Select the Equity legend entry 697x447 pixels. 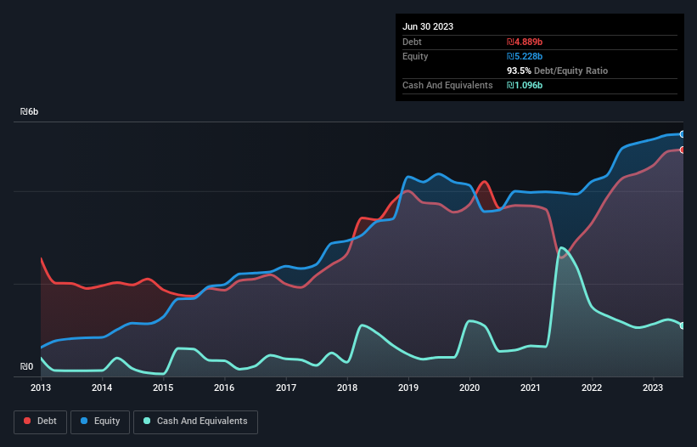coord(101,422)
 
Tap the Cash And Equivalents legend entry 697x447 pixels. coord(194,422)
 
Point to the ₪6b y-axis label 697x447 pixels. coord(30,112)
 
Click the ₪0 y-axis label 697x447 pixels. coord(27,367)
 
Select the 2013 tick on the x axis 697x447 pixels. coord(41,388)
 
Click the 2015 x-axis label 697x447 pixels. coord(163,388)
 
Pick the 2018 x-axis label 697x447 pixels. coord(346,388)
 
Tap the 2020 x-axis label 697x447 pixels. coord(469,388)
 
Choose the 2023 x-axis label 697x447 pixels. coord(652,388)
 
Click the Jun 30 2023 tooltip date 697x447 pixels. coord(428,26)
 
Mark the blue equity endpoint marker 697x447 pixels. coord(682,134)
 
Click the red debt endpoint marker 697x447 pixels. coord(682,150)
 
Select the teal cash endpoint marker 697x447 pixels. coord(682,325)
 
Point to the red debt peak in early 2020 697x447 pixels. coord(485,182)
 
